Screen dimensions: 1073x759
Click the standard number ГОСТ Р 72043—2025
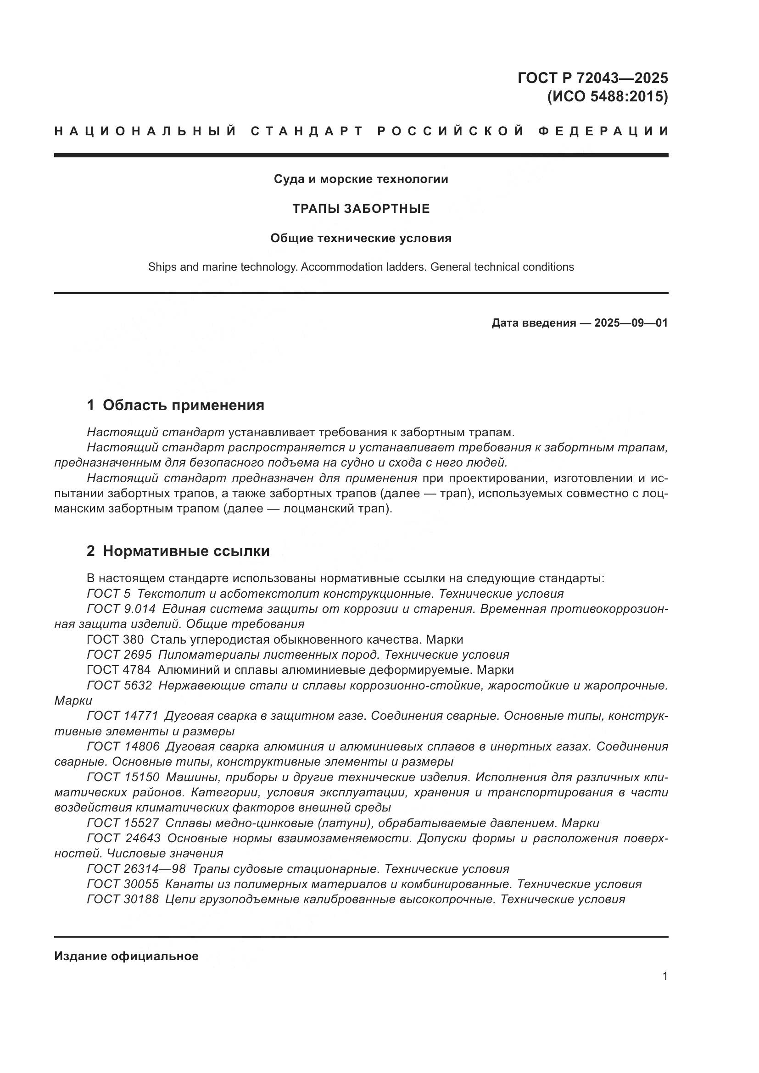tap(592, 78)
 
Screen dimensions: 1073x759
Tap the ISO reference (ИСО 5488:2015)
tap(607, 97)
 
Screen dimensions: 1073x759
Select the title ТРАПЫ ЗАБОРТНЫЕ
tap(361, 209)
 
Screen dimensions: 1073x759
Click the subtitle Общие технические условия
tap(361, 239)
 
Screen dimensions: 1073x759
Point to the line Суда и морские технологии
tap(361, 179)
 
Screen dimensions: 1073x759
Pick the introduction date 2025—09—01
tap(631, 323)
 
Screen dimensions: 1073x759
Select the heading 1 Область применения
tap(176, 405)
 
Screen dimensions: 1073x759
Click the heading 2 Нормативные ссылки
tap(178, 551)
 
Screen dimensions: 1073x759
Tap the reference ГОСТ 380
tap(115, 639)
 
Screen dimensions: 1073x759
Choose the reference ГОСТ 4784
tap(119, 670)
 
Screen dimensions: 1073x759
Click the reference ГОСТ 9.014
tap(121, 609)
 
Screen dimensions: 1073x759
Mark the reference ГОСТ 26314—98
tap(136, 869)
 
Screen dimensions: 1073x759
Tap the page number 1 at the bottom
tap(664, 976)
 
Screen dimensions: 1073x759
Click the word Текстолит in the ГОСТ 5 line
tap(167, 594)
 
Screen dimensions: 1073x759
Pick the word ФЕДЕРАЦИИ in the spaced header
tap(603, 131)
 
